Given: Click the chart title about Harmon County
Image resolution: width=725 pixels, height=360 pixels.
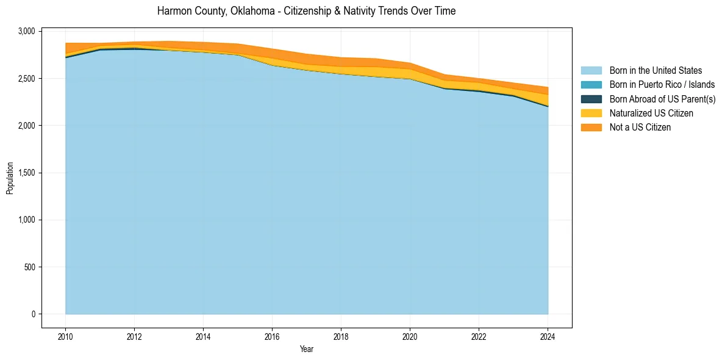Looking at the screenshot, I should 306,11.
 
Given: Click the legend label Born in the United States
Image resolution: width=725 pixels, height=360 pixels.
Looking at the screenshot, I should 655,71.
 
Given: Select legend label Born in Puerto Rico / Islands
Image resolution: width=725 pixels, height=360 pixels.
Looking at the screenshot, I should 662,85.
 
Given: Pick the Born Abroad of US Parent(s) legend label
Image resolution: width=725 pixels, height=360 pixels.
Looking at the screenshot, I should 662,99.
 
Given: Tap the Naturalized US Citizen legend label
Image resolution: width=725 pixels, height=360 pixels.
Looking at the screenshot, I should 651,113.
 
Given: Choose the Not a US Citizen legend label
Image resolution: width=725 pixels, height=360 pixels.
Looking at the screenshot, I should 640,127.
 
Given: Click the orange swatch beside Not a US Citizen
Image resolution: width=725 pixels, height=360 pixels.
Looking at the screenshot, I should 591,127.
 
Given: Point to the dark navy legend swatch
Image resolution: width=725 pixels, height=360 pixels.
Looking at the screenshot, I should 591,99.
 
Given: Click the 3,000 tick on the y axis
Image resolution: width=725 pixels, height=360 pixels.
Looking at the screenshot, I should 29,31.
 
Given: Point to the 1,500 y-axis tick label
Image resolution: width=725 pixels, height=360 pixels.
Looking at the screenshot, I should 29,173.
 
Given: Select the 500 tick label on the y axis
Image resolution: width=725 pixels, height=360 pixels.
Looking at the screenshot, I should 31,267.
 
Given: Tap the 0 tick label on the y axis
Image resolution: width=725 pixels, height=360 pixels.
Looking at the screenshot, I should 34,314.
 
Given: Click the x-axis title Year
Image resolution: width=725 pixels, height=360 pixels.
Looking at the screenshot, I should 306,349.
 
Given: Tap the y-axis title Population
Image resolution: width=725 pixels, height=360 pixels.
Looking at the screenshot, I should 10,178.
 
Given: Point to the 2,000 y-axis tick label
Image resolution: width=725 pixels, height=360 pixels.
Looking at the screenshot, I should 29,126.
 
